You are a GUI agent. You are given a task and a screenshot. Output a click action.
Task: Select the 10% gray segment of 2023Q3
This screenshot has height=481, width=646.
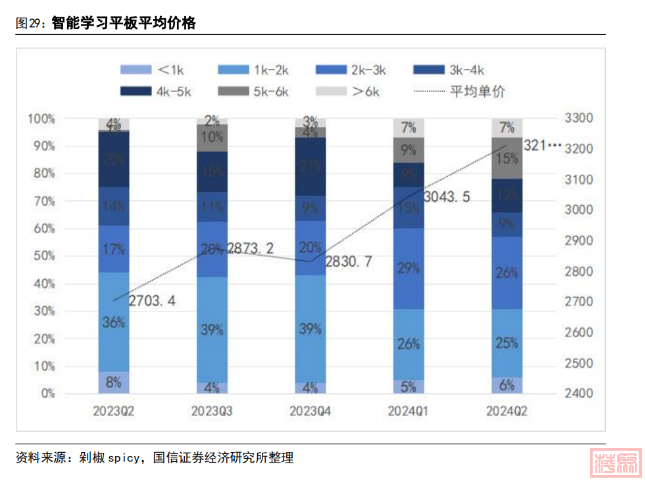coord(212,138)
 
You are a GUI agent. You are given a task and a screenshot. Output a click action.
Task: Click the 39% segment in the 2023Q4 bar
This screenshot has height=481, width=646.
coord(310,329)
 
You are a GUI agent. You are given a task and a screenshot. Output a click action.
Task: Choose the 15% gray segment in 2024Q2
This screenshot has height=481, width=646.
coord(507,158)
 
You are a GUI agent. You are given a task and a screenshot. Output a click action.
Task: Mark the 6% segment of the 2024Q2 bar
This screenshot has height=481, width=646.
coord(507,386)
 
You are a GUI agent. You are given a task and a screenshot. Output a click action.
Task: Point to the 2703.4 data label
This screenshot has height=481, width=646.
coord(152,302)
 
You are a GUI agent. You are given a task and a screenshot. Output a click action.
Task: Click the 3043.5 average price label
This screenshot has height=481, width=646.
coord(447,196)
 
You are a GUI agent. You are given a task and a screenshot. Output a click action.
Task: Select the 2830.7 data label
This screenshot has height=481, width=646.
coord(349,262)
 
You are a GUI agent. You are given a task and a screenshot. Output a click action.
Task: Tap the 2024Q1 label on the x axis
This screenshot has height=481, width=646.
coord(409,411)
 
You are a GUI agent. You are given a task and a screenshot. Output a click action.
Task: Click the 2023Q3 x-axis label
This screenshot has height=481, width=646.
coord(212,411)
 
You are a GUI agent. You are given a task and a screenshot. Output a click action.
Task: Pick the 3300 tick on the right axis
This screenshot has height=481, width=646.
coord(578,119)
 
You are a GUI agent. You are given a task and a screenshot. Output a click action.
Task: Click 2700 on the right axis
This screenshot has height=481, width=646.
coord(578,302)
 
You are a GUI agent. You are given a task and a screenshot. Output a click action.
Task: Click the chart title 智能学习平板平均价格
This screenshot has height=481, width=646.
coord(123,24)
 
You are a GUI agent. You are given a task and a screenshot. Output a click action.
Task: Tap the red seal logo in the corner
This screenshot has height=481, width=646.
coord(616,465)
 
